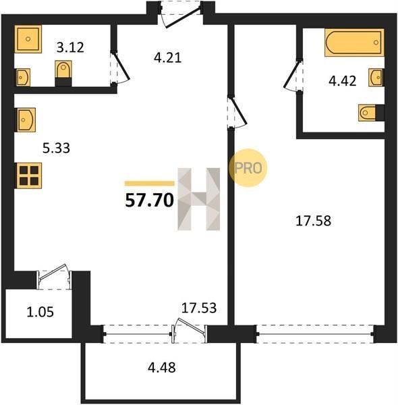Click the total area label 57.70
[149, 200]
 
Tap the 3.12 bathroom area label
[70, 48]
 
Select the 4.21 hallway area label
[168, 57]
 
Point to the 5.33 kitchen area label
[56, 148]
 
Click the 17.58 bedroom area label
[313, 221]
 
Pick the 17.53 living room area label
[199, 308]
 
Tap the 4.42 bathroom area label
[343, 81]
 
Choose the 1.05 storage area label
[40, 312]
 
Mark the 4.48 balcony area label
[162, 367]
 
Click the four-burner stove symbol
[29, 175]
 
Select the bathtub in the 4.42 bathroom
[354, 43]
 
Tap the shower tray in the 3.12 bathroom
[28, 39]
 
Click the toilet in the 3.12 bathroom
[63, 74]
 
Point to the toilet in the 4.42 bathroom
[371, 113]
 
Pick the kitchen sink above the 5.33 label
[26, 120]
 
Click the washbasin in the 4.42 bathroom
[376, 77]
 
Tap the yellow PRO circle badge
[248, 168]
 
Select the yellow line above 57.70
[150, 184]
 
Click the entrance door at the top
[180, 14]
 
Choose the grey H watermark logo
[199, 199]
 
